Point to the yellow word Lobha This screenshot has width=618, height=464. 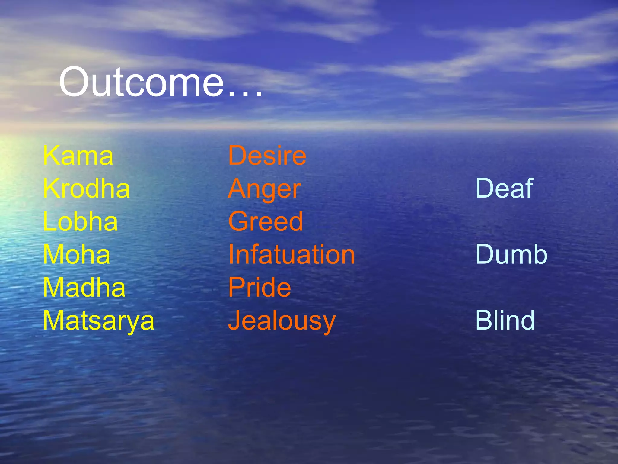coord(80,221)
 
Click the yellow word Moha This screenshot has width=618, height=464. coord(77,254)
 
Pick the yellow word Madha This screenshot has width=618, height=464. coord(84,288)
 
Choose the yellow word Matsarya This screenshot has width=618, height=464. coord(99,321)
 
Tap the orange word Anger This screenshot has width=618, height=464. coord(265,189)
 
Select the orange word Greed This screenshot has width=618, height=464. coord(266,221)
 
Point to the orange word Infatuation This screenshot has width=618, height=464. coord(291,254)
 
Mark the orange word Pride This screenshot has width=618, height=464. coord(260,288)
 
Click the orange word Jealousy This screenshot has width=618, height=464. coord(282,321)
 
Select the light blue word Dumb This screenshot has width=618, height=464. coord(511,254)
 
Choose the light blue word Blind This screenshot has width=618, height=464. coord(505,321)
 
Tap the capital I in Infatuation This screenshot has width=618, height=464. coord(231,254)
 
